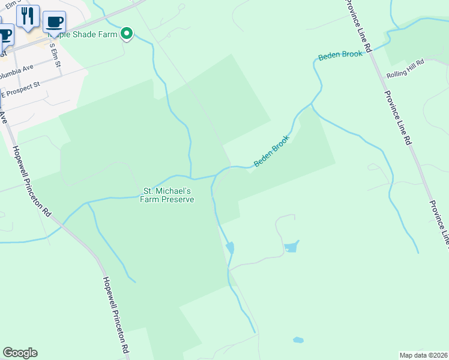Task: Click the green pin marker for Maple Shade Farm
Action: (x=127, y=34)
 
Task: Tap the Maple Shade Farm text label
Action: (x=90, y=35)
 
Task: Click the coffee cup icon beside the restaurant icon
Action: (x=54, y=22)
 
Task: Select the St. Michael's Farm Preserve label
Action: (x=167, y=195)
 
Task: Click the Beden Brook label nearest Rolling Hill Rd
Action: (x=340, y=55)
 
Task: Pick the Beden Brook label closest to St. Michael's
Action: (x=272, y=151)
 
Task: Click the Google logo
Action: (x=20, y=353)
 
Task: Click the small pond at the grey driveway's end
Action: (x=291, y=247)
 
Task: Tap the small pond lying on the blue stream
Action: (x=230, y=247)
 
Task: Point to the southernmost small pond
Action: (x=298, y=340)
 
